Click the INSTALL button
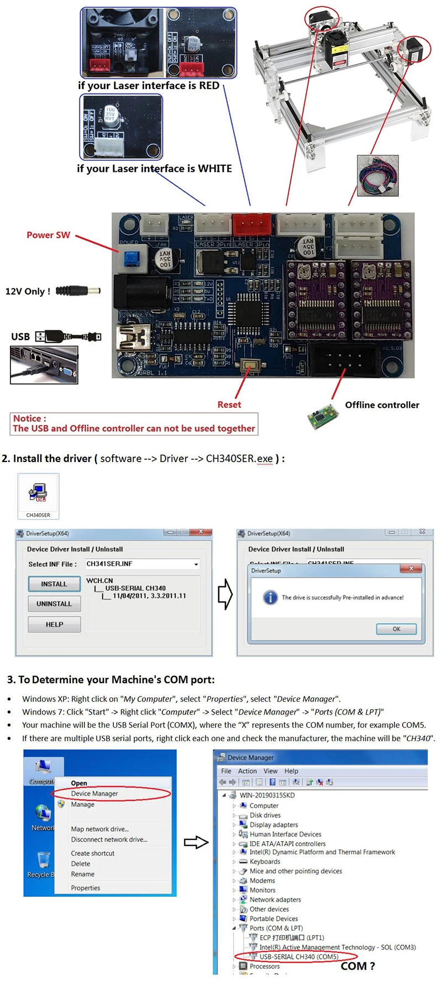click(x=54, y=584)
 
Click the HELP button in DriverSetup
click(x=54, y=625)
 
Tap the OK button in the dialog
click(x=396, y=629)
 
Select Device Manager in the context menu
click(x=94, y=794)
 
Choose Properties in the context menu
click(x=86, y=888)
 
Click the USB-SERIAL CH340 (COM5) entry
click(x=298, y=957)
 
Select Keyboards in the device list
click(x=265, y=862)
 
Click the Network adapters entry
click(x=275, y=900)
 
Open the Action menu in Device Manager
click(x=247, y=771)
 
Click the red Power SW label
click(x=49, y=235)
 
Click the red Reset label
click(x=229, y=405)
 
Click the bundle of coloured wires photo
click(x=377, y=176)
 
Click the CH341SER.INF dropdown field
click(x=142, y=564)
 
